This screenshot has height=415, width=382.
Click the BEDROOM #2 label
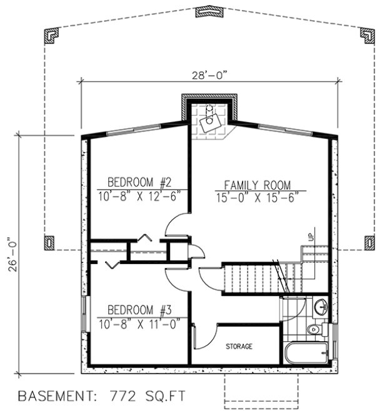click(139, 182)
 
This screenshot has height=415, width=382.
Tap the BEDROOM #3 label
click(139, 310)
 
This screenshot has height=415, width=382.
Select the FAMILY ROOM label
click(258, 185)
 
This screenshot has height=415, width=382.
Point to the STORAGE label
click(239, 346)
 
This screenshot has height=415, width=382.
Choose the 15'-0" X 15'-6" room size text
click(258, 197)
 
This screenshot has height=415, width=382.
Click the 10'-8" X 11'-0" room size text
click(139, 323)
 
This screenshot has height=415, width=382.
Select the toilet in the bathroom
click(314, 329)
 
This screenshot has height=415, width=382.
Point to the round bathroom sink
click(320, 307)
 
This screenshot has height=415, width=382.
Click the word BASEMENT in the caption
click(54, 396)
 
